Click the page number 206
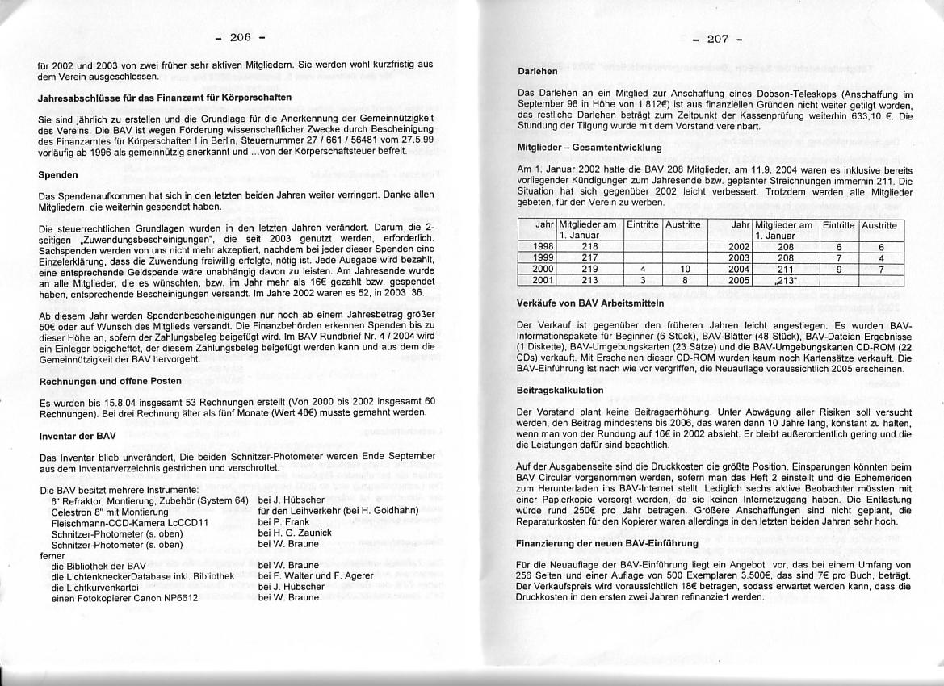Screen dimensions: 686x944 pyautogui.click(x=241, y=37)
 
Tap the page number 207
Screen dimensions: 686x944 pyautogui.click(x=717, y=39)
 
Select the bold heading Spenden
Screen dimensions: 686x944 pyautogui.click(x=58, y=174)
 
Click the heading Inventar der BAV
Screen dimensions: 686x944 pyautogui.click(x=78, y=436)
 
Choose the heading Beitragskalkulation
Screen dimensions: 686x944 pyautogui.click(x=560, y=390)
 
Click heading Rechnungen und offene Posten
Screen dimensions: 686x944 pyautogui.click(x=110, y=381)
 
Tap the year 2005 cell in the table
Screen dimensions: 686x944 pyautogui.click(x=740, y=279)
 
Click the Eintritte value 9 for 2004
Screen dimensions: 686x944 pyautogui.click(x=839, y=268)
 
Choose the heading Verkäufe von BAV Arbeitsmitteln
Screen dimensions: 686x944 pyautogui.click(x=589, y=303)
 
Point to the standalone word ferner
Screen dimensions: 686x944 pyautogui.click(x=51, y=555)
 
